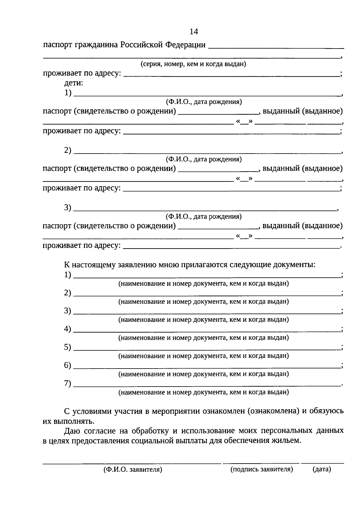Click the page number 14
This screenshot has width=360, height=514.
click(x=194, y=31)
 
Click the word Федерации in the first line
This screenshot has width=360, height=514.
click(x=185, y=45)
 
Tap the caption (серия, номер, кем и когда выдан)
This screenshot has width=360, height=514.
click(x=193, y=64)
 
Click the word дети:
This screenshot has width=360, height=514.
click(x=74, y=83)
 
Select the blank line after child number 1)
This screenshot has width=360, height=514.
click(x=207, y=95)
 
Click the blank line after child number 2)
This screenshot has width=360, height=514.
click(x=207, y=153)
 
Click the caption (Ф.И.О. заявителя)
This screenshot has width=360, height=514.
click(x=133, y=470)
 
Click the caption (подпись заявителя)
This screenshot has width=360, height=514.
click(x=262, y=469)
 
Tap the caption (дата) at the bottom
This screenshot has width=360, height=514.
click(x=322, y=469)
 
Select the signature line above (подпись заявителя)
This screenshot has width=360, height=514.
click(x=261, y=463)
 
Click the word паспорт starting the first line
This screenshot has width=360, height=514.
click(x=57, y=45)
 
